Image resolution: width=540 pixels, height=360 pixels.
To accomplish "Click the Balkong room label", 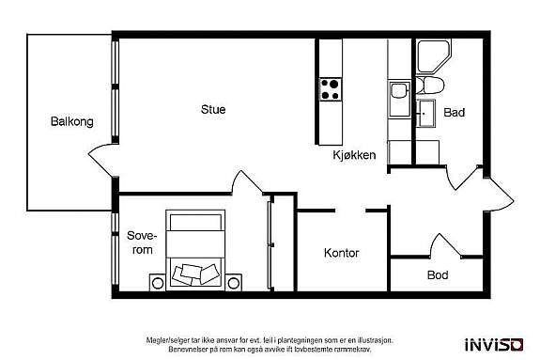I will tap(71, 121).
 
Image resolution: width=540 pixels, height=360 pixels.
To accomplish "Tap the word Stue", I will tap(213, 109).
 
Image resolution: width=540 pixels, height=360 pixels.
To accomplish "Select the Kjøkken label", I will tap(353, 155).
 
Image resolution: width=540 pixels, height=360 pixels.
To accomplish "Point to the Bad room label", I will tap(455, 113).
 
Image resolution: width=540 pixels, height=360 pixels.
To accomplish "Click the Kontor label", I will tap(341, 253).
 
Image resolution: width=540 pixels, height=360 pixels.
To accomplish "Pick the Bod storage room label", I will tap(438, 275).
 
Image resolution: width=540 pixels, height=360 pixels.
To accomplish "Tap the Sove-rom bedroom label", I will tap(140, 243).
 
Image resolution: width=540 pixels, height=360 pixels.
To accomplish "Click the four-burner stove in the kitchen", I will tap(331, 89).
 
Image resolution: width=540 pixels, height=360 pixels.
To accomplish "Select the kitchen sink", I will tap(396, 91).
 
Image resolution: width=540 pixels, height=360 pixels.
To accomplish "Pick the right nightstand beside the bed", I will tap(233, 279).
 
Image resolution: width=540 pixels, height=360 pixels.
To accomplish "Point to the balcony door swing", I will tap(106, 153).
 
